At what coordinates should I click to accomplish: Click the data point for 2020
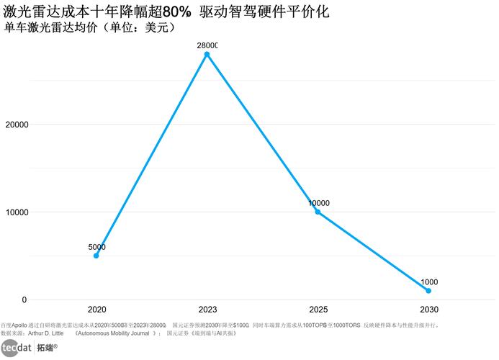pos(96,256)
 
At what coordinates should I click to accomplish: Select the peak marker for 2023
pos(207,54)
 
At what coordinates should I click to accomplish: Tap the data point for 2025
pos(318,212)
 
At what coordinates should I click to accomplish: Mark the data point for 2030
pos(429,291)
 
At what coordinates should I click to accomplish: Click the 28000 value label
pos(207,45)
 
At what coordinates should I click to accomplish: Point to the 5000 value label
pos(96,247)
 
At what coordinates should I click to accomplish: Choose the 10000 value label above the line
pos(318,203)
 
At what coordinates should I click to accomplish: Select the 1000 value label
pos(429,282)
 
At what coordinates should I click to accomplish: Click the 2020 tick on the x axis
pos(96,310)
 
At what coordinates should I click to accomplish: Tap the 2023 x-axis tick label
pos(207,310)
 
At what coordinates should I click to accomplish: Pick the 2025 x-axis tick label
pos(318,310)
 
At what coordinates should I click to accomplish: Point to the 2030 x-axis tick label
pos(429,310)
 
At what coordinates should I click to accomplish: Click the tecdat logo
pos(16,348)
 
